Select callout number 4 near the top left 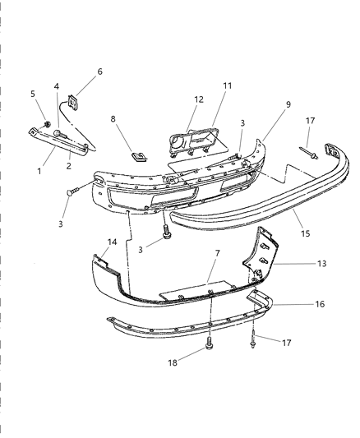click(x=57, y=86)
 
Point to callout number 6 click(x=99, y=72)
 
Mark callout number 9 click(x=265, y=105)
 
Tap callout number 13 click(x=321, y=265)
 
